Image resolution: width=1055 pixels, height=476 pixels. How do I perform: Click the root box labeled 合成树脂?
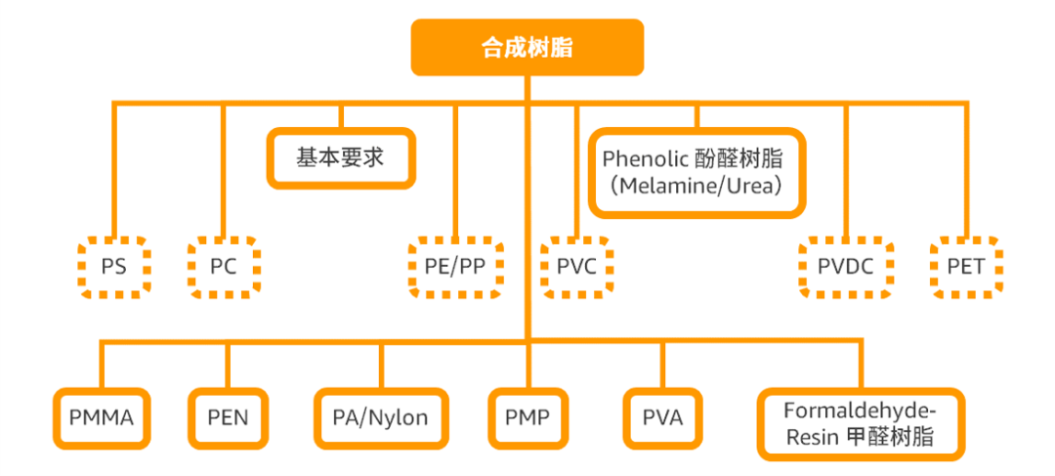point(527,46)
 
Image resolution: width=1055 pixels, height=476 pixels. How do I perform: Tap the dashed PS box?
point(113,266)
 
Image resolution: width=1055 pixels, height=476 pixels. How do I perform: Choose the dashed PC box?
point(224,266)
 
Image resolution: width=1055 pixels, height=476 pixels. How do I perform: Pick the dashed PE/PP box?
point(455,266)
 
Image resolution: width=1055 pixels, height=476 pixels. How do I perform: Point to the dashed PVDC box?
point(846,266)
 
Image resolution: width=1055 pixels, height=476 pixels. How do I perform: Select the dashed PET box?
point(965,266)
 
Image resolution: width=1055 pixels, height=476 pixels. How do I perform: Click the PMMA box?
point(102,418)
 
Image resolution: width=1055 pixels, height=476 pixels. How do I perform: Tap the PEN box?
point(228,418)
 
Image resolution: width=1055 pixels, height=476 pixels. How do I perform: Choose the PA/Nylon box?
point(381,418)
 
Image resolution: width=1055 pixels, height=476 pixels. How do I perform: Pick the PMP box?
point(527,418)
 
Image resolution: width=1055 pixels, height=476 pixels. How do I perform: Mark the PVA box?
point(662,418)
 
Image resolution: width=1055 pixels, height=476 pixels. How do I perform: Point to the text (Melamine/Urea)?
point(697,185)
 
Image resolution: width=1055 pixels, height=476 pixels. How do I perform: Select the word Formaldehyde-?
point(860,410)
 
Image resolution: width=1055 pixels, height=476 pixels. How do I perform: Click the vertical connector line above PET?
point(965,166)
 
